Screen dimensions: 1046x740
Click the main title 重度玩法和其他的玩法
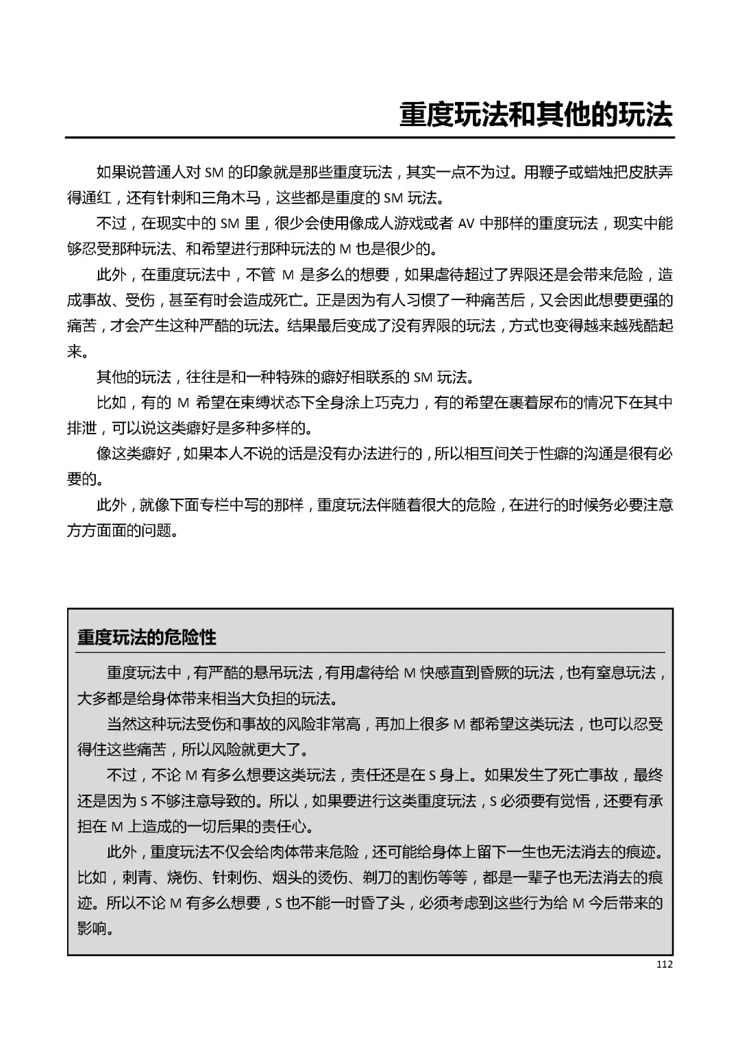536,115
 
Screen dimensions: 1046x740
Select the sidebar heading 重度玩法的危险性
147,638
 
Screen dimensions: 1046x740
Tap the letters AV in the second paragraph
467,223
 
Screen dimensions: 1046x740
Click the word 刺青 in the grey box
136,877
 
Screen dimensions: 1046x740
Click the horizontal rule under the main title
370,138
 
